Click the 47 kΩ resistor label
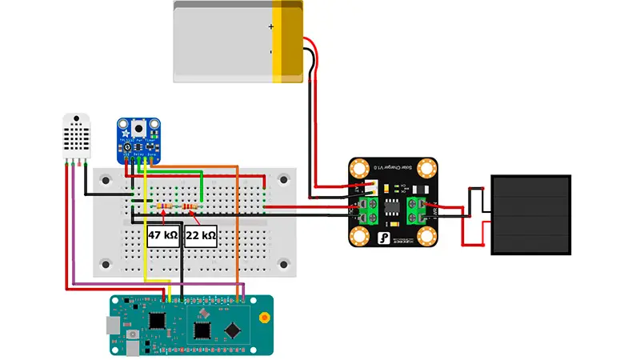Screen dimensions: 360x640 click(x=162, y=236)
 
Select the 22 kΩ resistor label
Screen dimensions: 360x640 click(x=201, y=236)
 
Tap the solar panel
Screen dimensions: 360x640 click(x=531, y=215)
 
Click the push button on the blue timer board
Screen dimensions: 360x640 click(x=141, y=127)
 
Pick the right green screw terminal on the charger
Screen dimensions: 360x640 click(x=418, y=210)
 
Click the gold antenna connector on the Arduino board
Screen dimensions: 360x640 click(x=263, y=318)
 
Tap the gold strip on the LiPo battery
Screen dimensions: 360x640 click(x=288, y=41)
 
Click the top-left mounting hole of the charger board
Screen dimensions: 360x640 click(x=361, y=169)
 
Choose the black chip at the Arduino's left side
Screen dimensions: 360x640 click(x=157, y=320)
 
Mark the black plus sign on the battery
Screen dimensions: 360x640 click(x=270, y=26)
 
